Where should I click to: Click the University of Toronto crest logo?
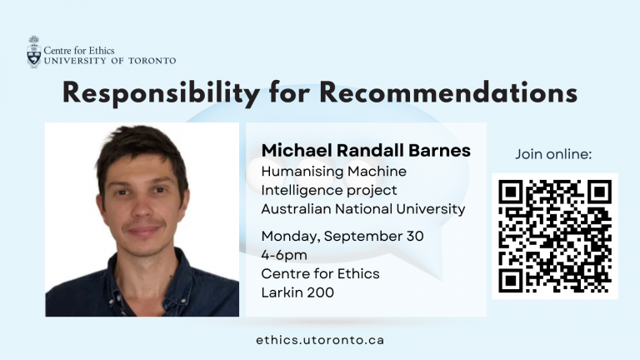(34, 52)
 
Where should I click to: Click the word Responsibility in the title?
(161, 93)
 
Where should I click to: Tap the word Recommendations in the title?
(448, 92)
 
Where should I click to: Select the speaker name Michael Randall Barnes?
(366, 150)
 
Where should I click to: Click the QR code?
(555, 236)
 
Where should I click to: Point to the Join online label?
(553, 154)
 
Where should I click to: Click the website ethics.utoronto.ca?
(320, 340)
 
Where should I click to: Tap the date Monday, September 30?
(342, 236)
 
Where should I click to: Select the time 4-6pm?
(284, 255)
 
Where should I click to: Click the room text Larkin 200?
(297, 292)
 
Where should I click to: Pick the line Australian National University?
(362, 208)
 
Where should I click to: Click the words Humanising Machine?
(334, 172)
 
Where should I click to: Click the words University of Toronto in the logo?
(110, 61)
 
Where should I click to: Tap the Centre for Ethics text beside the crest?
(79, 51)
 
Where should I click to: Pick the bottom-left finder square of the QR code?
(510, 281)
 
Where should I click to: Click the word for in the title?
(290, 92)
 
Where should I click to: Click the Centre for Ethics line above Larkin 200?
(320, 273)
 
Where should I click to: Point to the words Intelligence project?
(329, 190)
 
